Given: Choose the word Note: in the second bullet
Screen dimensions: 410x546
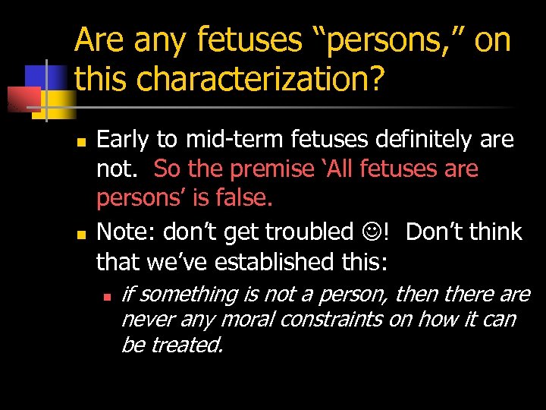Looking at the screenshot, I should click(124, 231).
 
